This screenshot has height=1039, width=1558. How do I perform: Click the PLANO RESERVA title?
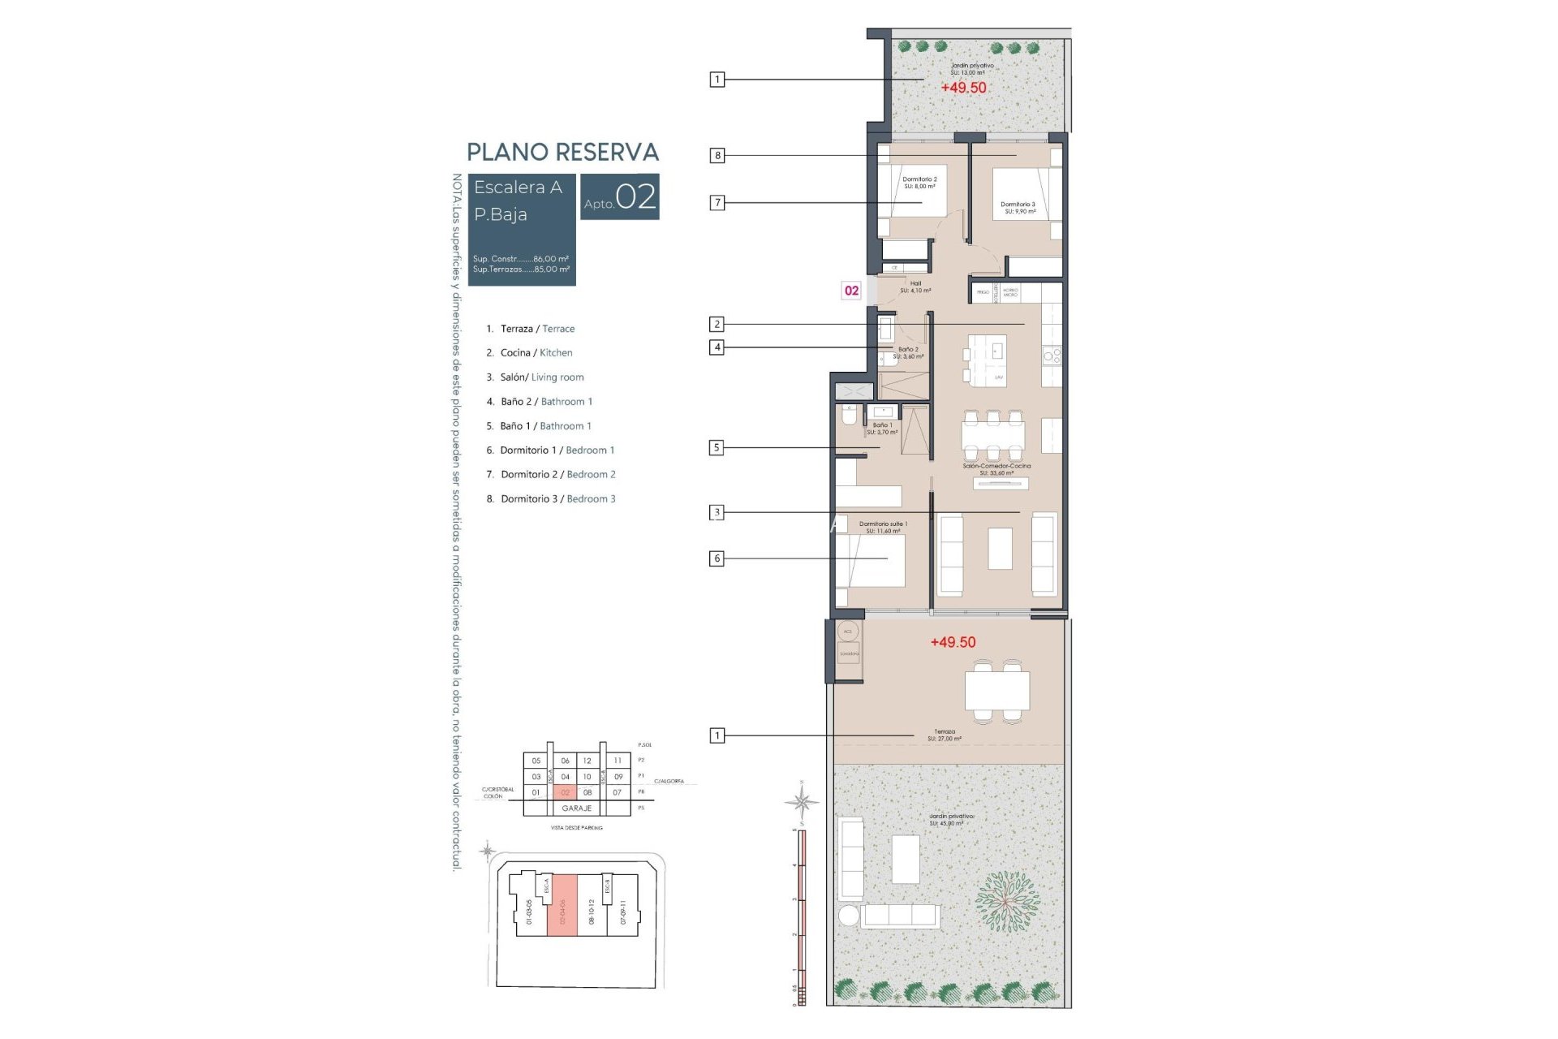562,152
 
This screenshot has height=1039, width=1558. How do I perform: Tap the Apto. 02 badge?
620,196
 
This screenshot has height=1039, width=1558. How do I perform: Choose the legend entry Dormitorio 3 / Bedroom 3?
551,499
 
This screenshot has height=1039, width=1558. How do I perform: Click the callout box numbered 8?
717,155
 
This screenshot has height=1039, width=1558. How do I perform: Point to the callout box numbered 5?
717,447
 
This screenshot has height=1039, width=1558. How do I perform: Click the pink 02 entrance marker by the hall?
851,291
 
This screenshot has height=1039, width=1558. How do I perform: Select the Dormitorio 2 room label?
919,183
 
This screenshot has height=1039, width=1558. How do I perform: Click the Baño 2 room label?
908,353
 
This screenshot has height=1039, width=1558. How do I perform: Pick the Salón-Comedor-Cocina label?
996,469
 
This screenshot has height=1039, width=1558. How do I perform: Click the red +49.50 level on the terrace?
953,642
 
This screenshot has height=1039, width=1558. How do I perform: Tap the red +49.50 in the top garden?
963,88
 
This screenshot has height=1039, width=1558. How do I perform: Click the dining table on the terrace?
997,692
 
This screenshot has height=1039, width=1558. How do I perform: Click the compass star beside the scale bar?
802,803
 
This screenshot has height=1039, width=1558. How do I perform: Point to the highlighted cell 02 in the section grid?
566,792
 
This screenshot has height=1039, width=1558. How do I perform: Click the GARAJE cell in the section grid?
577,808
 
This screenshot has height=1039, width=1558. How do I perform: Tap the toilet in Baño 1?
849,416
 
